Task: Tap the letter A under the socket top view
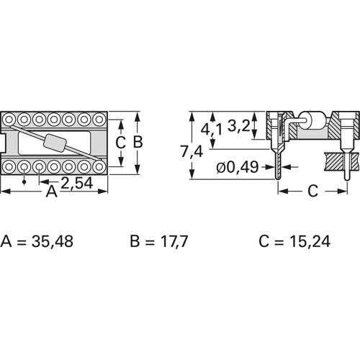tap(52, 192)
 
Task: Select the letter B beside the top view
tap(138, 142)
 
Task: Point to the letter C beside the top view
tap(120, 142)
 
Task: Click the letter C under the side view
tap(311, 192)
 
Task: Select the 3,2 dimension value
tap(239, 126)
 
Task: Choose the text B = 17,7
tap(158, 240)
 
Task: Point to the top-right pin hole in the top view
tap(102, 118)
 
